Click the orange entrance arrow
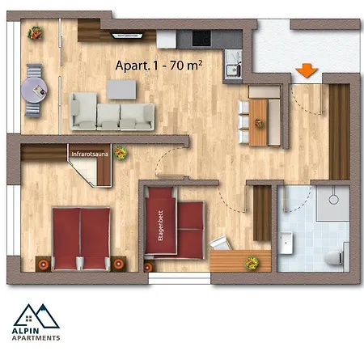(x=307, y=70)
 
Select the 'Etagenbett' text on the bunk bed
(x=161, y=226)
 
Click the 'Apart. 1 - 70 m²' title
(x=159, y=66)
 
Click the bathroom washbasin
(x=286, y=243)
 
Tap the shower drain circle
(x=333, y=200)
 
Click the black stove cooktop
(x=201, y=38)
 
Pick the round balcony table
(x=34, y=91)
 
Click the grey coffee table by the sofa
(x=121, y=90)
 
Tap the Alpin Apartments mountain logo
(x=36, y=316)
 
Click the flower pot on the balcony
(x=35, y=33)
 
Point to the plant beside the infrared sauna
(x=121, y=153)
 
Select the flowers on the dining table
(x=259, y=123)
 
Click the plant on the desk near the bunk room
(x=252, y=263)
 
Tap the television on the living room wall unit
(x=128, y=36)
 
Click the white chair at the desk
(x=221, y=243)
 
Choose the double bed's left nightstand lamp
(x=44, y=265)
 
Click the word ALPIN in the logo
(x=25, y=331)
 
